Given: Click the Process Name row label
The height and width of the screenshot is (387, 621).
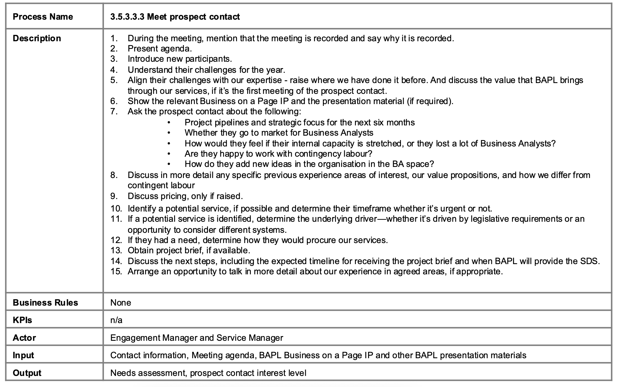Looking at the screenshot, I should pyautogui.click(x=43, y=17).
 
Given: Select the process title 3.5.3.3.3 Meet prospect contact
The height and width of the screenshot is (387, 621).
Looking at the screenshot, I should pyautogui.click(x=175, y=17).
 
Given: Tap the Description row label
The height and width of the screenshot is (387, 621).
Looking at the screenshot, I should pyautogui.click(x=37, y=38).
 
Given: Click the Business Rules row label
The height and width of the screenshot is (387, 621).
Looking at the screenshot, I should pyautogui.click(x=45, y=303).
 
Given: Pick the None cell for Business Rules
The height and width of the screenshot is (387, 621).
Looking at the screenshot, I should pyautogui.click(x=121, y=303).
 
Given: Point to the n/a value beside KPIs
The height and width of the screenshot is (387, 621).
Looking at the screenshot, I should pyautogui.click(x=116, y=320).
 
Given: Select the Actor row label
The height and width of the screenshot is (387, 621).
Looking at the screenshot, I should pyautogui.click(x=24, y=338).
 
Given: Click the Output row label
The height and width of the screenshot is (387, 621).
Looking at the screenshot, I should pyautogui.click(x=27, y=373).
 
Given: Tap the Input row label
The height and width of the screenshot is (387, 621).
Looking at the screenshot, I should pyautogui.click(x=23, y=355).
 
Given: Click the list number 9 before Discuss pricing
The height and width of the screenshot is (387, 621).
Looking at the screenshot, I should pyautogui.click(x=114, y=196).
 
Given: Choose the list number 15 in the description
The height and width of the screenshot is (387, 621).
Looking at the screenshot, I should pyautogui.click(x=116, y=271).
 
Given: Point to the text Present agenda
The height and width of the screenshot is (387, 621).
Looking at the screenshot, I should pyautogui.click(x=160, y=49).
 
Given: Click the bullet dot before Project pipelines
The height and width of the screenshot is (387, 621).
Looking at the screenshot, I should pyautogui.click(x=169, y=123).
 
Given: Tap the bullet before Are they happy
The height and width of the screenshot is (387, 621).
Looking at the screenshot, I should pyautogui.click(x=169, y=154).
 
